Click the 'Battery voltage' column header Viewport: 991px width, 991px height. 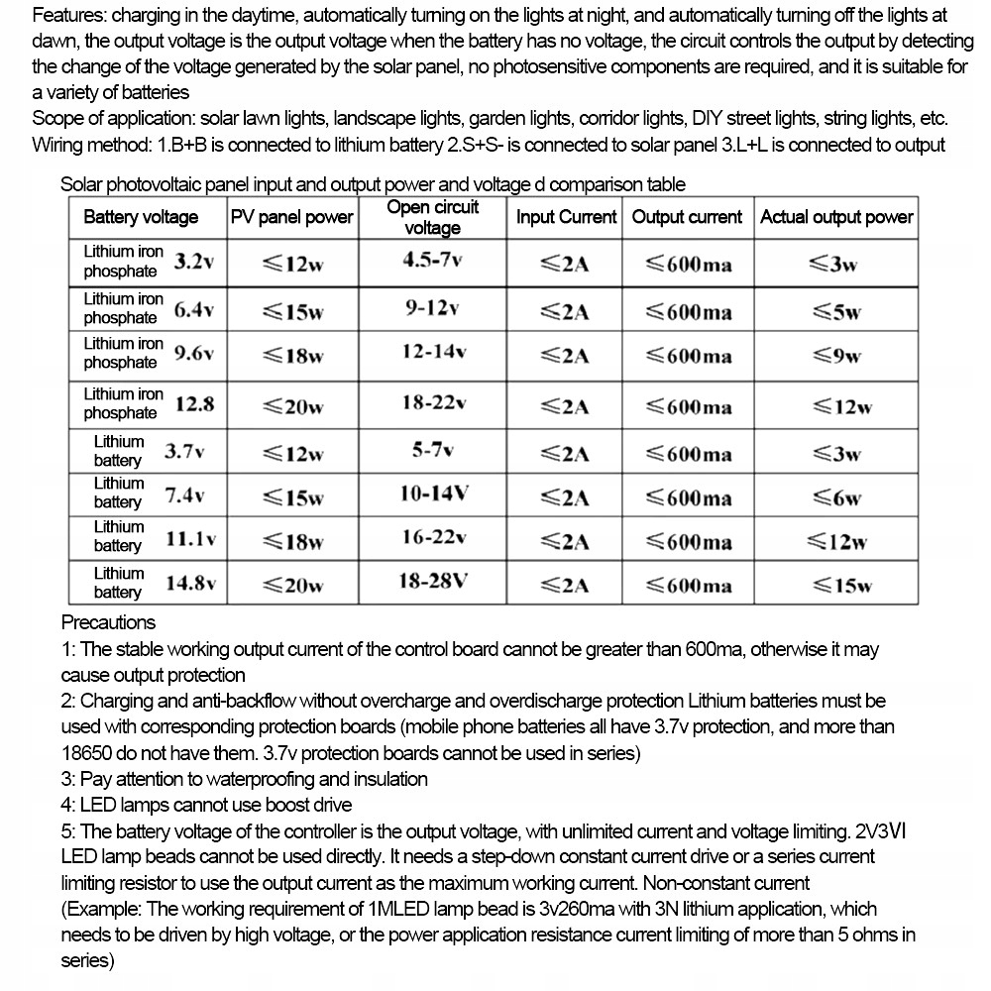click(x=141, y=217)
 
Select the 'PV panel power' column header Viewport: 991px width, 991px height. click(x=291, y=217)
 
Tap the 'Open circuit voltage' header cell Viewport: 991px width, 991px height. click(x=432, y=217)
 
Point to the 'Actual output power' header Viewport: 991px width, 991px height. click(x=836, y=217)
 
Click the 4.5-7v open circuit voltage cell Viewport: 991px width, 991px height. click(x=432, y=261)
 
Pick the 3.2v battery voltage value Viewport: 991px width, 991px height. click(x=194, y=262)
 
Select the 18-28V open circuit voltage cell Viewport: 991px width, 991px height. click(x=432, y=582)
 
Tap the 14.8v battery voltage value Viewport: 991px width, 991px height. click(x=190, y=583)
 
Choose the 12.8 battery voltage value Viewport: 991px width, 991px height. click(x=194, y=404)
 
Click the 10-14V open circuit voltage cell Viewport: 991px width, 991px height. click(x=435, y=494)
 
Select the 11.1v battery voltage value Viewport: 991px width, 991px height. click(x=191, y=539)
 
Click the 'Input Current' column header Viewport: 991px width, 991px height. click(x=566, y=217)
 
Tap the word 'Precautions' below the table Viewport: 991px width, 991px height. click(x=108, y=622)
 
